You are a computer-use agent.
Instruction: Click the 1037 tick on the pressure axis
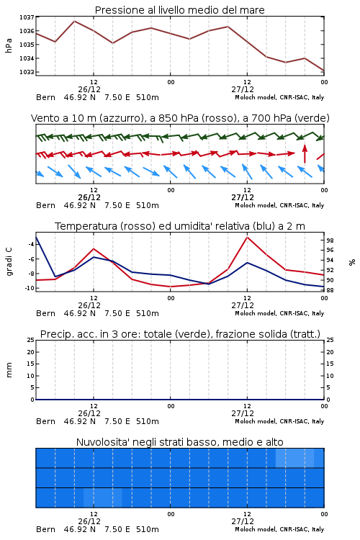[27, 17]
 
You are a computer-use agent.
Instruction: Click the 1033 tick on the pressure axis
[27, 72]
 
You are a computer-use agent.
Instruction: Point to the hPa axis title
[9, 45]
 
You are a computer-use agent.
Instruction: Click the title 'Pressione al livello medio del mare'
[180, 10]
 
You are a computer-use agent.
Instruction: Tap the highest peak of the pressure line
[74, 22]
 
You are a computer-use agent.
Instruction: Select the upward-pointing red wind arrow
[305, 153]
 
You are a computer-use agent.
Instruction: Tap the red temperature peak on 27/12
[248, 238]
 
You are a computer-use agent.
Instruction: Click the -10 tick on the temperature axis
[30, 288]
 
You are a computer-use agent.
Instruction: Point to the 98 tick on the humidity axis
[330, 240]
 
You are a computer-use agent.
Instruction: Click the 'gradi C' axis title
[9, 261]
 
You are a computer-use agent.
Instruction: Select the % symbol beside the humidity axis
[352, 262]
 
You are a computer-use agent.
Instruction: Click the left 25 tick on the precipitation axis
[31, 340]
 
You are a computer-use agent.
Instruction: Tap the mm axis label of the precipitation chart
[9, 370]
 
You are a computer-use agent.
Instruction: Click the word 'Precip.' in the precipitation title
[54, 334]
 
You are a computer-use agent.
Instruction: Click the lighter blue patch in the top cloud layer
[295, 458]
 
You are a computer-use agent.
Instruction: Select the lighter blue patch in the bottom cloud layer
[103, 498]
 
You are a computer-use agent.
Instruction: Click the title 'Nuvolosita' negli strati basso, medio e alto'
[180, 442]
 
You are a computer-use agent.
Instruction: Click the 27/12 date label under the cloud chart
[243, 521]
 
